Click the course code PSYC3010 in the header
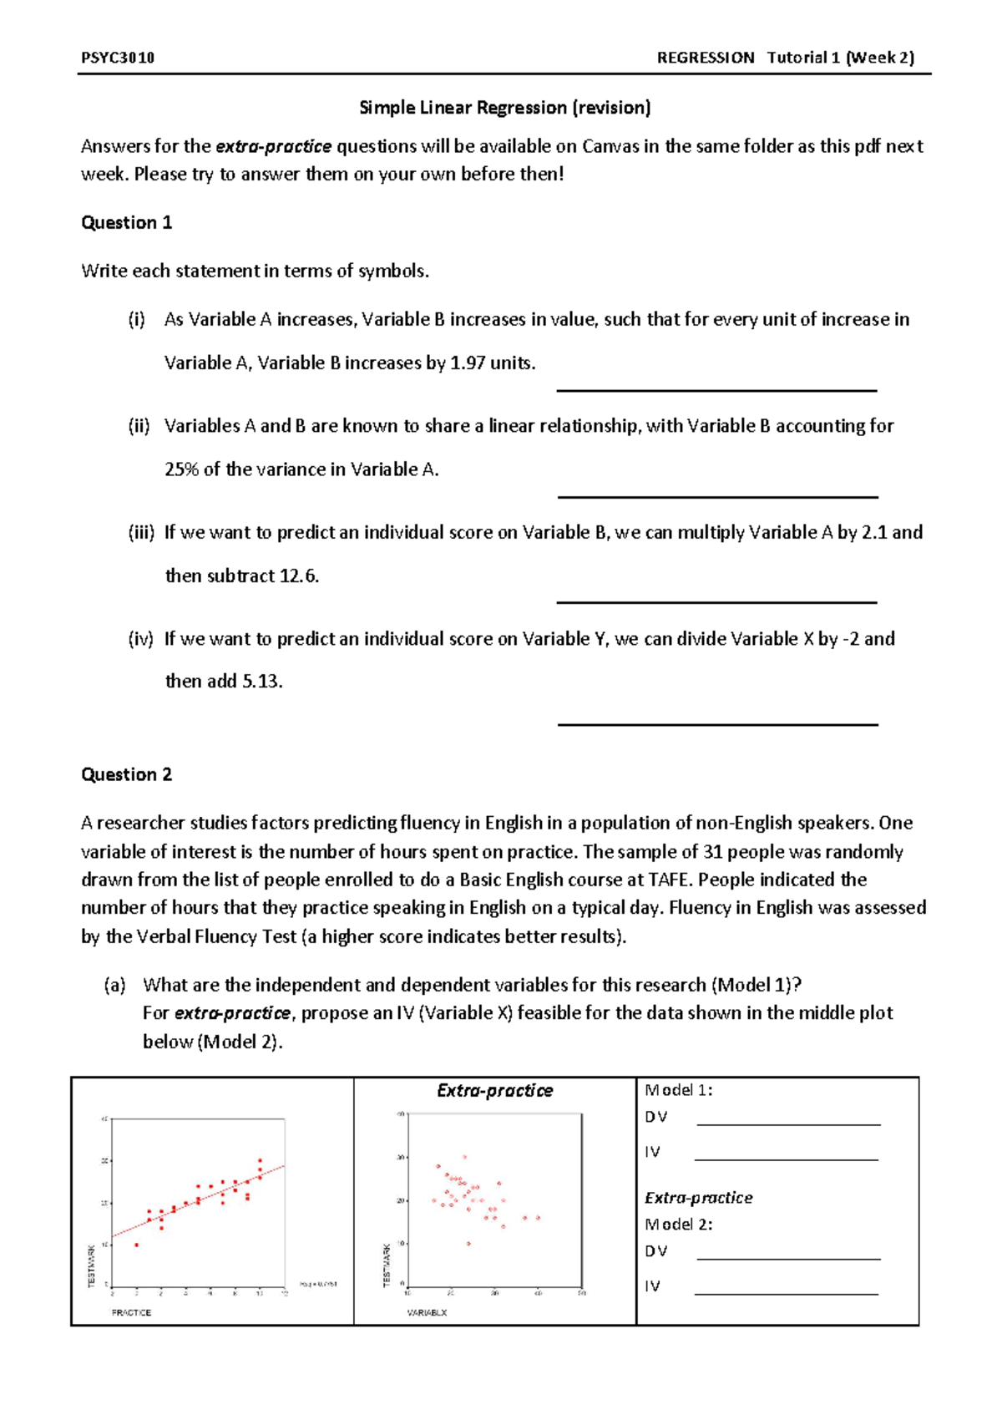(x=118, y=58)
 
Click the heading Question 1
(x=126, y=222)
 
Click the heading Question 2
(x=126, y=774)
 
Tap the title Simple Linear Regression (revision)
(x=504, y=108)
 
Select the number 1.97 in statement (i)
(x=468, y=363)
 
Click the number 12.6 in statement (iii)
(x=298, y=576)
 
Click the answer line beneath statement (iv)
(x=717, y=724)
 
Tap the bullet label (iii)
(x=141, y=532)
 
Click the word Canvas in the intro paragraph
(x=610, y=146)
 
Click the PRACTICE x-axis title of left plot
(x=131, y=1312)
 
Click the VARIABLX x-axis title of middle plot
(x=427, y=1312)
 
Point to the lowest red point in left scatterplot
(x=137, y=1245)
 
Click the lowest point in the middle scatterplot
(x=468, y=1243)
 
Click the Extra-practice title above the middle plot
(x=494, y=1090)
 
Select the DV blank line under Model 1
(x=788, y=1123)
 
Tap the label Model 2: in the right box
(x=678, y=1225)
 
